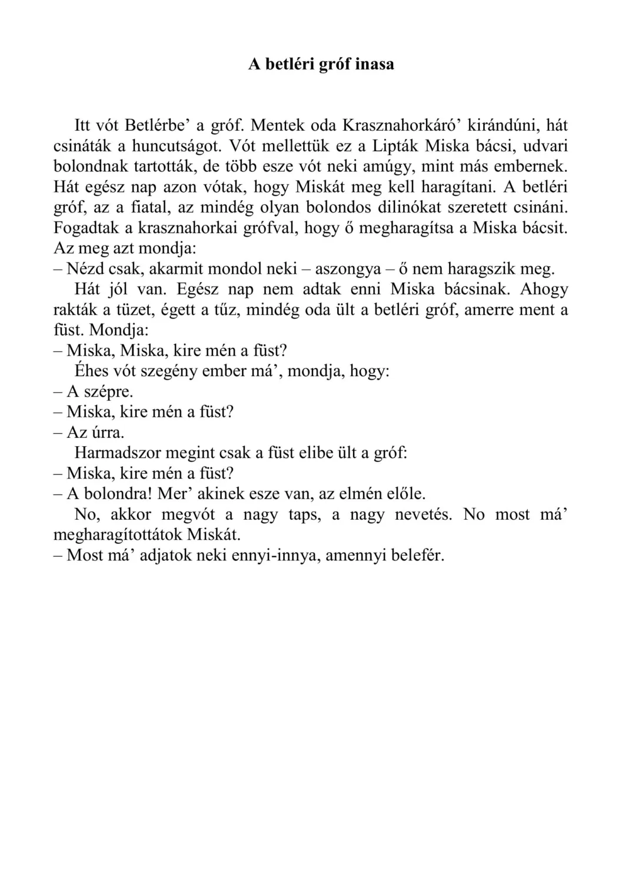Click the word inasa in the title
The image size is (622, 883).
coord(374,64)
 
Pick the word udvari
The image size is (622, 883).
coord(544,146)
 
